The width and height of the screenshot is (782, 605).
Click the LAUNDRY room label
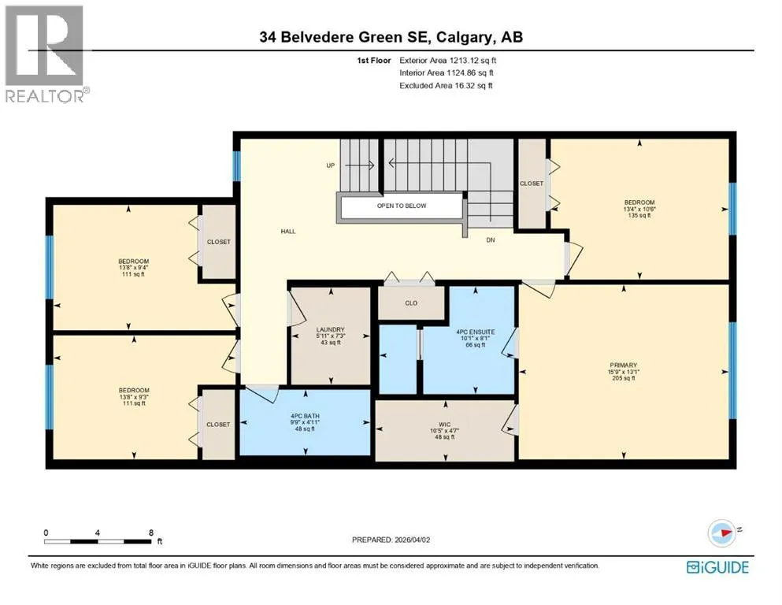[x=330, y=330]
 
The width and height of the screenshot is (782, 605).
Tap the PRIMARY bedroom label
[x=623, y=365]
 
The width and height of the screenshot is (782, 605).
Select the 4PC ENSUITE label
[x=476, y=332]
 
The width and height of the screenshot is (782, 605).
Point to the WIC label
[x=445, y=425]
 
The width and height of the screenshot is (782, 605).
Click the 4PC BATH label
[x=305, y=416]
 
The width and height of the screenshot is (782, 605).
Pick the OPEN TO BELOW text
[x=402, y=206]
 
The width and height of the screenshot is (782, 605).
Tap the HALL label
[x=288, y=232]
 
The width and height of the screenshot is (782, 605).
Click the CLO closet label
[x=411, y=303]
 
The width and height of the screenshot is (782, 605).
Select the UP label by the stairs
[x=331, y=165]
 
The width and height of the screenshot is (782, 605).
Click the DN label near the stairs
[x=491, y=240]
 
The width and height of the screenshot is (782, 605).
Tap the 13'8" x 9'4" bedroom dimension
[x=134, y=267]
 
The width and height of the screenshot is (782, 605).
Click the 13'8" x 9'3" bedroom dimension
[x=134, y=396]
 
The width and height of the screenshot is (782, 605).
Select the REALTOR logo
[x=46, y=54]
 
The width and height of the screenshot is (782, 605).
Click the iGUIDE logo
[x=717, y=568]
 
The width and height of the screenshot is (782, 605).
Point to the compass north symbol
[x=722, y=533]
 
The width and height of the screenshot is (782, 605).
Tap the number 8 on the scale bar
[x=151, y=533]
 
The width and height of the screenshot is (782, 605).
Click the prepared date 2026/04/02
[x=412, y=540]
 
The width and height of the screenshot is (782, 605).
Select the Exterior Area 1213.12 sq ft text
[x=448, y=61]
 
